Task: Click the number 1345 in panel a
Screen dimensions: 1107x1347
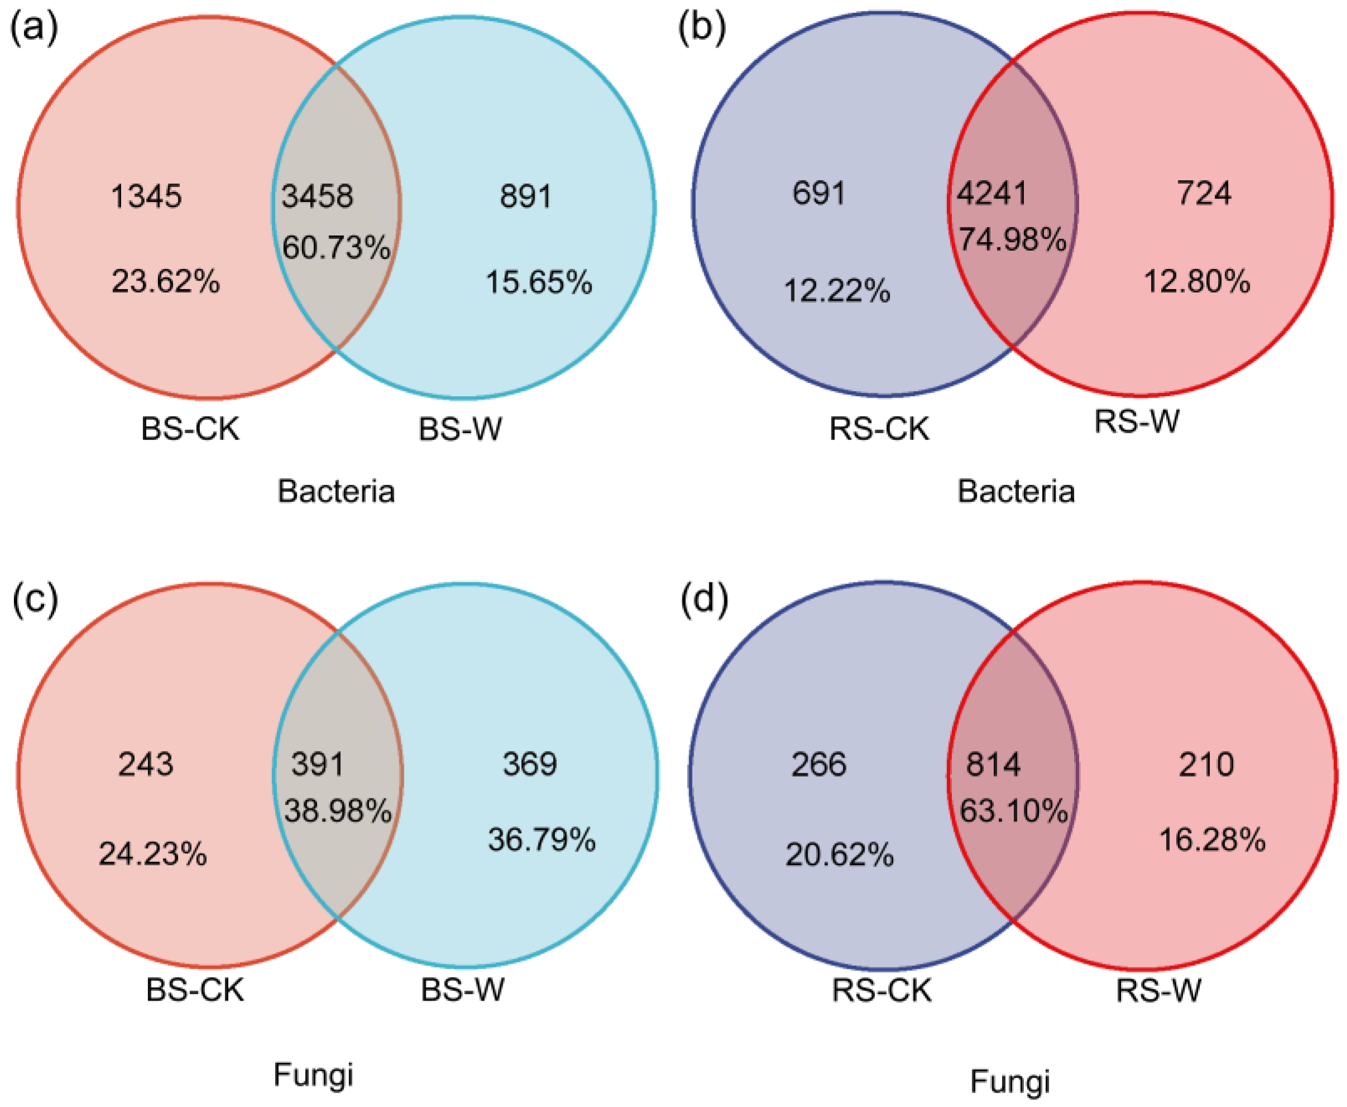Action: click(146, 196)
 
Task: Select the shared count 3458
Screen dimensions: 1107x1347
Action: click(317, 196)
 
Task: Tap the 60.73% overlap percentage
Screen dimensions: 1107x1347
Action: click(336, 247)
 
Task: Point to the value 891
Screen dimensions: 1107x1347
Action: click(526, 196)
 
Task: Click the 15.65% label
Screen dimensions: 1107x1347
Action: click(539, 282)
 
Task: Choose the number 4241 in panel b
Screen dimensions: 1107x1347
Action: click(991, 192)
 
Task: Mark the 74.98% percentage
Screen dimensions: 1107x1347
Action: click(1012, 240)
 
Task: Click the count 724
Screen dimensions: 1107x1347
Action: click(1204, 192)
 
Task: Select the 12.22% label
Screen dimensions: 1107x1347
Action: click(837, 291)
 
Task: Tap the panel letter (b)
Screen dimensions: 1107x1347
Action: click(701, 28)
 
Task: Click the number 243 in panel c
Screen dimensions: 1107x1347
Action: click(146, 763)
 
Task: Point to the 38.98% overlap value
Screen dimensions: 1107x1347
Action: click(338, 811)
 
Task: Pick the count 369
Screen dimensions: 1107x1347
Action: click(530, 763)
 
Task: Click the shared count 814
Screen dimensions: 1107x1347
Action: click(993, 764)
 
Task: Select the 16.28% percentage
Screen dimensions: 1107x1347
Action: click(1212, 840)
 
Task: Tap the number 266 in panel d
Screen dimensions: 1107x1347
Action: click(819, 764)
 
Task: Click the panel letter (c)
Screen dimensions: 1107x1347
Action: click(35, 599)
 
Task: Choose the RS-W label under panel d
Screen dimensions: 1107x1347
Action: click(1158, 990)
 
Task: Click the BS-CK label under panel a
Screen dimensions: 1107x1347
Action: click(190, 429)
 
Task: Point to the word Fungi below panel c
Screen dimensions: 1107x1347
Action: click(313, 1075)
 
